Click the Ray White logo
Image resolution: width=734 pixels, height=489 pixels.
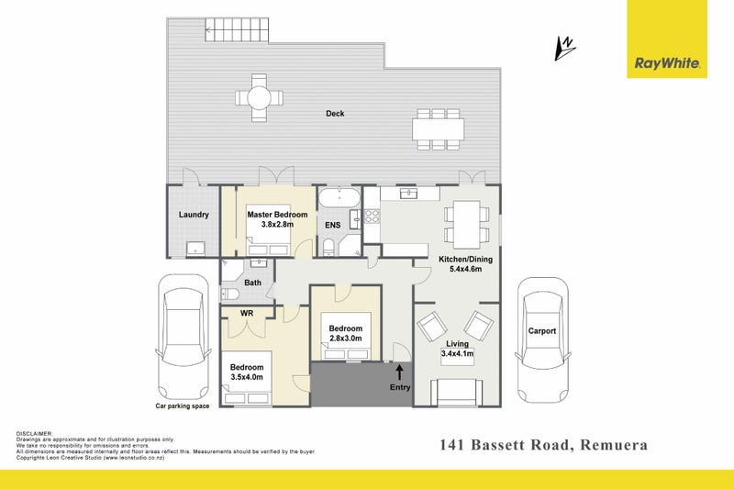pyautogui.click(x=667, y=39)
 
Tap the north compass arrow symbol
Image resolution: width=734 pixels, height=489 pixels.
pyautogui.click(x=565, y=49)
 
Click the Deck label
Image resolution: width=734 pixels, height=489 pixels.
pyautogui.click(x=335, y=113)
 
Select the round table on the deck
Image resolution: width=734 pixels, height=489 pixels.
pyautogui.click(x=259, y=98)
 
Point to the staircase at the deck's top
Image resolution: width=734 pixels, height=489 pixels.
pyautogui.click(x=237, y=30)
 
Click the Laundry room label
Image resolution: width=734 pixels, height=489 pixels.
pyautogui.click(x=194, y=215)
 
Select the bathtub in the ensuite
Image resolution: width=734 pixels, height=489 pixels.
pyautogui.click(x=339, y=198)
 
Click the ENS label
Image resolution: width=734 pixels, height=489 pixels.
pyautogui.click(x=333, y=225)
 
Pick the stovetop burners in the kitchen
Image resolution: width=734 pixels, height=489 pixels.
pyautogui.click(x=373, y=216)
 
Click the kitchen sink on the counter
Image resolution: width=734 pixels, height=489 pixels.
pyautogui.click(x=408, y=194)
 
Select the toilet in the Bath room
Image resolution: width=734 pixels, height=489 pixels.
pyautogui.click(x=230, y=295)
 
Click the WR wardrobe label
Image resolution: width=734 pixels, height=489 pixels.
pyautogui.click(x=247, y=313)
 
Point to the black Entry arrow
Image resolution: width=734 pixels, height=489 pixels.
pyautogui.click(x=399, y=372)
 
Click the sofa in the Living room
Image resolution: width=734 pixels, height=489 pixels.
pyautogui.click(x=456, y=392)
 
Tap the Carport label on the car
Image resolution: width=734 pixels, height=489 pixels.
pyautogui.click(x=542, y=331)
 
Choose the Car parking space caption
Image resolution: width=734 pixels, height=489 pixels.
pyautogui.click(x=183, y=406)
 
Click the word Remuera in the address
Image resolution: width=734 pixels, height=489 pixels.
pyautogui.click(x=614, y=445)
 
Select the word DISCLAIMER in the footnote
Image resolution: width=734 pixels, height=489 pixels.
pyautogui.click(x=35, y=434)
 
